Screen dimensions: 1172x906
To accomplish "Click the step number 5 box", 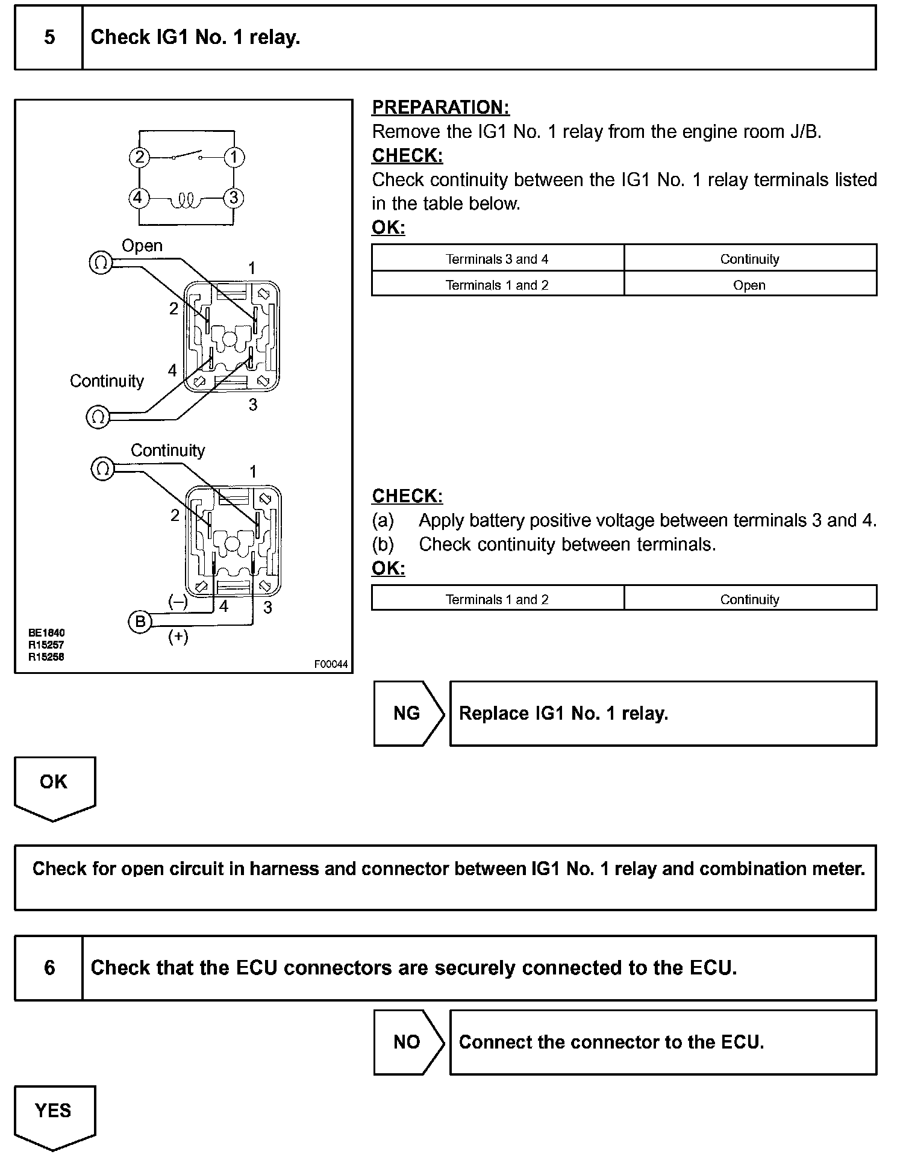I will pos(49,38).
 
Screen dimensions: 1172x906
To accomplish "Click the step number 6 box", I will pos(49,968).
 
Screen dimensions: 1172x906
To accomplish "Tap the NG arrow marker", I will pos(408,714).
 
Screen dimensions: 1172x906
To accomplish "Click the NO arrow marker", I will pos(408,1043).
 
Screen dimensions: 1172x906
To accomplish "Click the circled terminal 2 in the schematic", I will pos(139,158).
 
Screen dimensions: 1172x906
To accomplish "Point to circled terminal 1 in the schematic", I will pos(234,158).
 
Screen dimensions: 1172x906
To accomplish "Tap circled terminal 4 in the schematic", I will pos(139,198).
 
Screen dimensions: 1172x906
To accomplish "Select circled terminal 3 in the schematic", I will pos(234,198).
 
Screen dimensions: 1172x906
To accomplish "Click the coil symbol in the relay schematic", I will pos(187,201).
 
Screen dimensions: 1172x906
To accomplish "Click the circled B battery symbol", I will pos(140,622).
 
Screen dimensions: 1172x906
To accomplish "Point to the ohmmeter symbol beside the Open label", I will pos(101,263).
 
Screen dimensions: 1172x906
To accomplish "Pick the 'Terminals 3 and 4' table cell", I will pos(497,259).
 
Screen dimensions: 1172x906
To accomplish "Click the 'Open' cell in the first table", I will pos(749,285).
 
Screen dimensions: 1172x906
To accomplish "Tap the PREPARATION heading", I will pos(440,107).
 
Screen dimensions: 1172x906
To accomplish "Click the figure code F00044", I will pos(331,664).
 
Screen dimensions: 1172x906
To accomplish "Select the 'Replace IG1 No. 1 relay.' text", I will pos(563,714).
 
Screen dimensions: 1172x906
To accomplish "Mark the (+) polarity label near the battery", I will pos(178,637).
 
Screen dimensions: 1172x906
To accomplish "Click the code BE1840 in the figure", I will pos(46,633).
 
